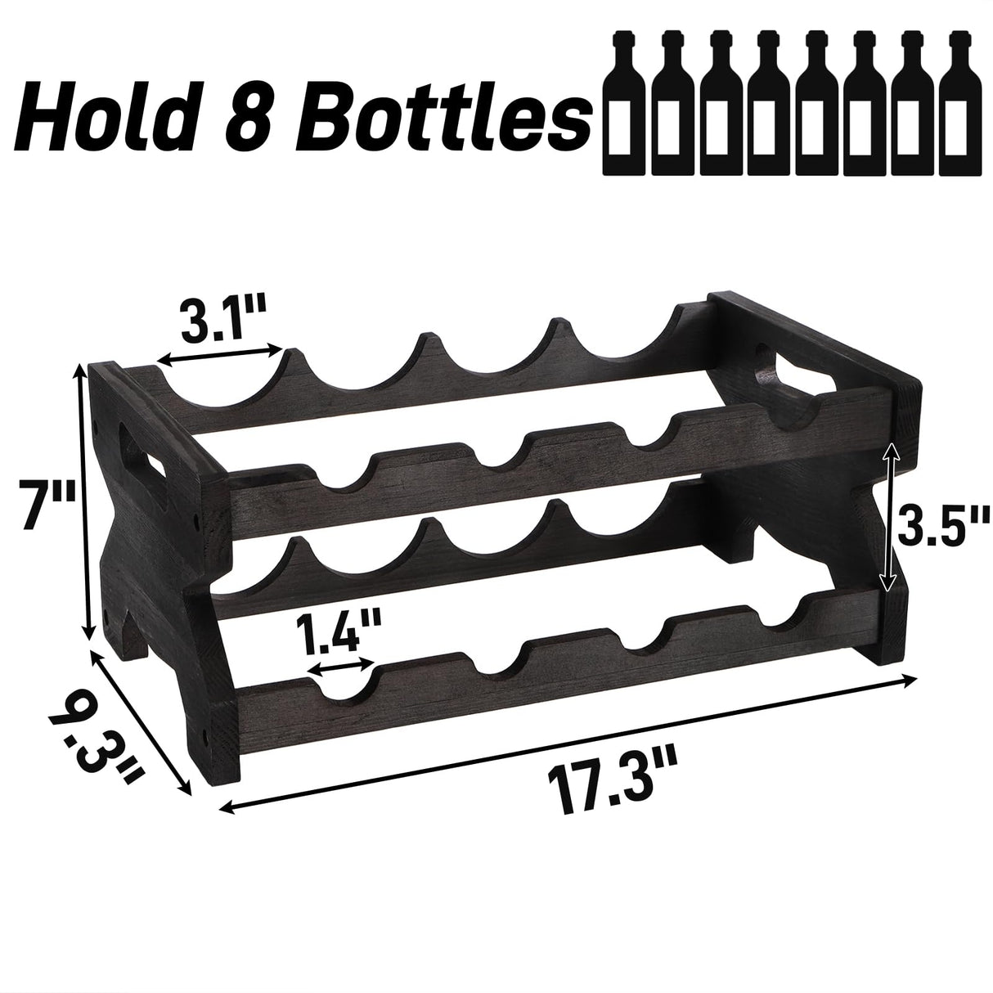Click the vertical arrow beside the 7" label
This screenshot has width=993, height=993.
82,504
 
